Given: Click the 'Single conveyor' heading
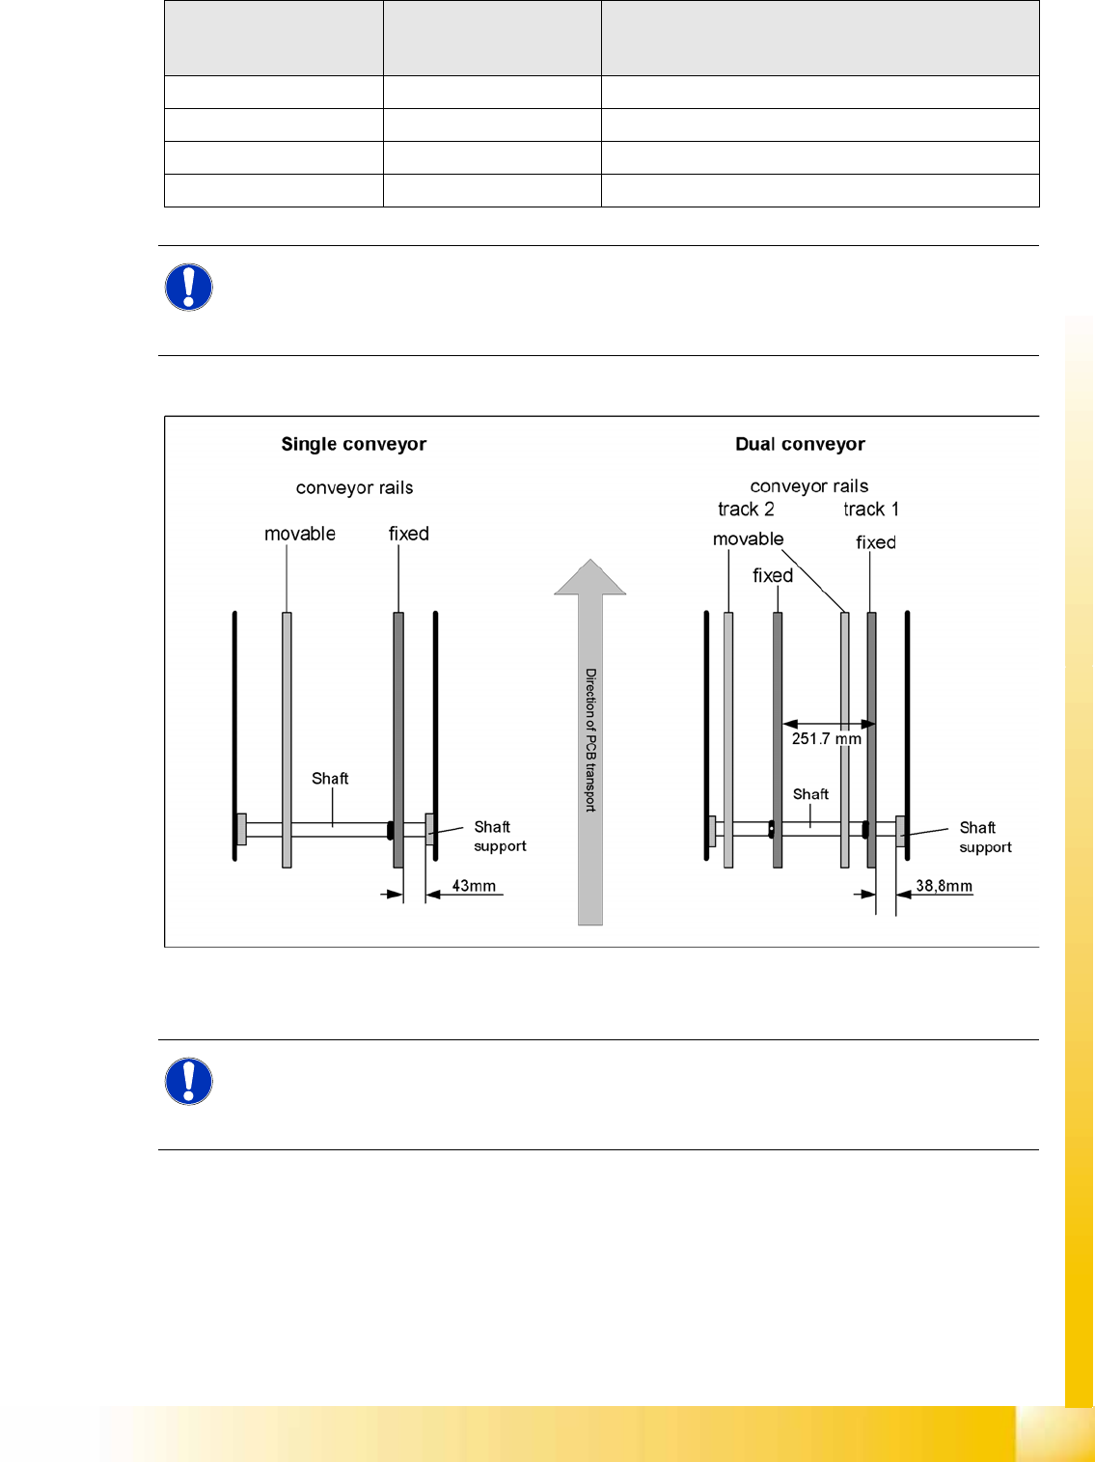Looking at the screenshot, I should click(x=353, y=444).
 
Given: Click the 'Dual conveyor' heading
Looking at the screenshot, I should click(x=800, y=444).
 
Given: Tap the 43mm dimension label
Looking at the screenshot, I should click(x=474, y=886).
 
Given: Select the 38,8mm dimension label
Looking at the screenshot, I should click(x=944, y=886).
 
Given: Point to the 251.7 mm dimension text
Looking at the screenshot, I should click(x=826, y=739).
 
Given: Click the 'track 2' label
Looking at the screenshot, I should click(x=746, y=510).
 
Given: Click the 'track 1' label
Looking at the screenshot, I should click(x=870, y=510).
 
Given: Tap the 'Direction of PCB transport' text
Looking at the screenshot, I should click(x=590, y=739).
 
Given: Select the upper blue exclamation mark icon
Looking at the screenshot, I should click(x=189, y=288).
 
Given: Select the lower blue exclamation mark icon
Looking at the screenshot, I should click(x=189, y=1082).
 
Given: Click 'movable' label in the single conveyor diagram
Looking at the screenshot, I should click(x=300, y=534).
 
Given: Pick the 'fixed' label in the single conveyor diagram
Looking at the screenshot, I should click(x=409, y=534).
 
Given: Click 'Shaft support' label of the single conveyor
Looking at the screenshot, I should click(x=500, y=837).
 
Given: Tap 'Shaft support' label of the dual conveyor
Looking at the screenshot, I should click(x=985, y=838).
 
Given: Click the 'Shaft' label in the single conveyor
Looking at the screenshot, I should click(x=330, y=779).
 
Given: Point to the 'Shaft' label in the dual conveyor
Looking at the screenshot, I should click(x=810, y=794).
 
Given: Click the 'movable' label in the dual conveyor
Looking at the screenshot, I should click(x=748, y=539).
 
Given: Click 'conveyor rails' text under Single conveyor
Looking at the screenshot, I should click(x=354, y=488).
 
